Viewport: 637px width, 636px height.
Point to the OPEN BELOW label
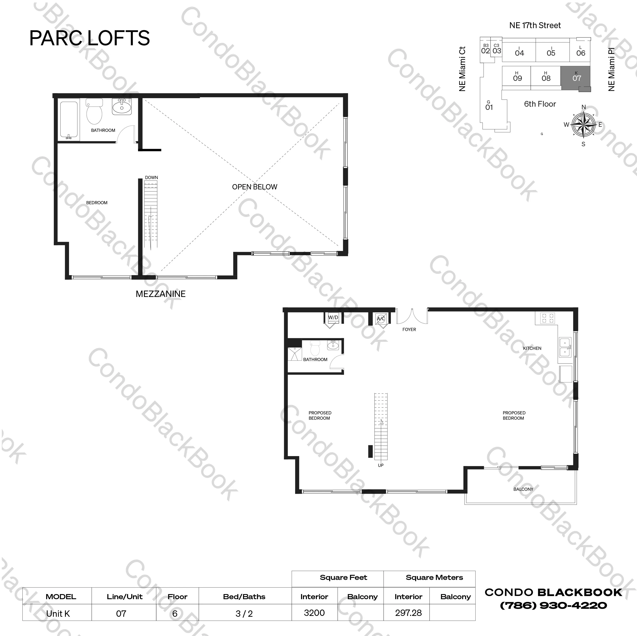click(254, 187)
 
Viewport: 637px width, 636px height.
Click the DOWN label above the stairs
click(151, 177)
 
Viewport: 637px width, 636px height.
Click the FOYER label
click(409, 329)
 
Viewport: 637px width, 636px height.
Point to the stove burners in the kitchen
click(547, 318)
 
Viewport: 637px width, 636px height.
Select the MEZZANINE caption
click(160, 294)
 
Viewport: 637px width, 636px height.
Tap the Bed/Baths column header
click(244, 597)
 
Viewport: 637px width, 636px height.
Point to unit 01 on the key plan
click(489, 107)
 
